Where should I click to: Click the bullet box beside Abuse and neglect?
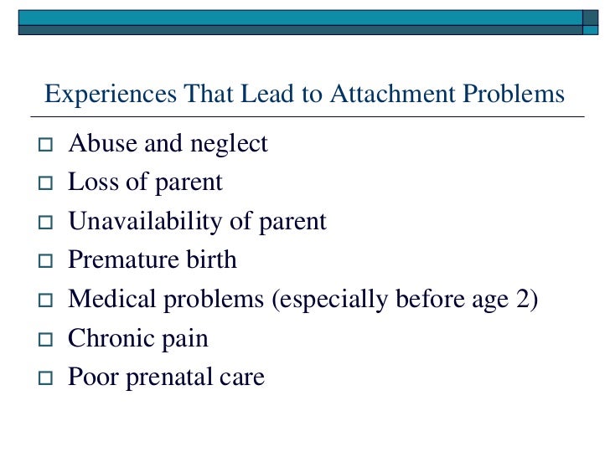click(x=46, y=146)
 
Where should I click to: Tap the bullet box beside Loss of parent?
click(x=46, y=184)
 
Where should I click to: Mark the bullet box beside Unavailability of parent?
click(x=46, y=223)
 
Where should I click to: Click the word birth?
click(x=209, y=260)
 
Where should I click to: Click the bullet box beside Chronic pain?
click(x=46, y=341)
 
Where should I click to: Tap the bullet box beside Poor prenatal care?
click(x=46, y=379)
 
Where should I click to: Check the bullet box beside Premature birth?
click(x=46, y=262)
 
